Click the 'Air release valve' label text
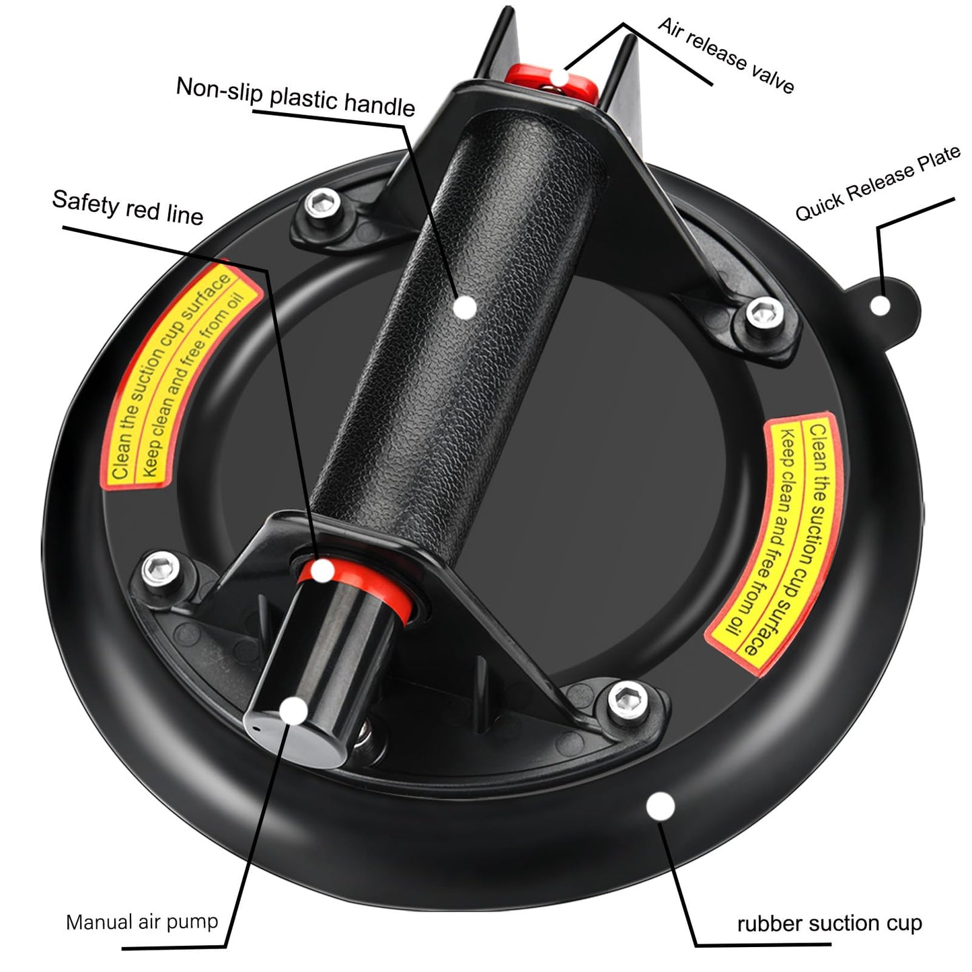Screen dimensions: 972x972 726,54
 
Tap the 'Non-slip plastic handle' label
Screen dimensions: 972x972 295,97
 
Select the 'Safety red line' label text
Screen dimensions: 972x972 128,207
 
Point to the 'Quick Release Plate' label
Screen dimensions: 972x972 878,182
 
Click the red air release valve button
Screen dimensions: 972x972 552,81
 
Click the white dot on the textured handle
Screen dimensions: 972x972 465,307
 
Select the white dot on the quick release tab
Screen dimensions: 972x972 881,305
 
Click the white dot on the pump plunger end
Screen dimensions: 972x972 293,711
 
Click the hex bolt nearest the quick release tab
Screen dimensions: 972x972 765,313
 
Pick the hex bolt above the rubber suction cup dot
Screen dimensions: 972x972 628,700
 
